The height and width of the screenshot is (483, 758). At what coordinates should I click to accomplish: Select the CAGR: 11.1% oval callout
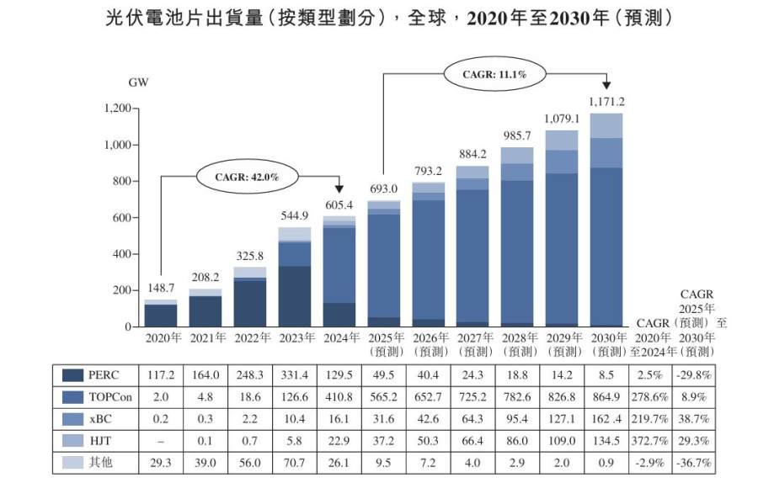click(x=494, y=74)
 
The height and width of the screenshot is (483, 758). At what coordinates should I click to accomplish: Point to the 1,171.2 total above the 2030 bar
click(x=607, y=102)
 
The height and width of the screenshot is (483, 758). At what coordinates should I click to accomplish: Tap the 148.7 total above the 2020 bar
click(x=161, y=288)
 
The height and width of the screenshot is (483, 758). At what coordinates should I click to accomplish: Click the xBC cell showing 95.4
click(x=518, y=419)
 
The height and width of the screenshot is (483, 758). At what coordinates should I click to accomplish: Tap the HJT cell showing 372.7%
click(x=653, y=441)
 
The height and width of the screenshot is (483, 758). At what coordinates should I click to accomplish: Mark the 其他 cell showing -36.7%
click(x=696, y=463)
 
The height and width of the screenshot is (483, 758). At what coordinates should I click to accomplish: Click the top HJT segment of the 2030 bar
click(x=607, y=125)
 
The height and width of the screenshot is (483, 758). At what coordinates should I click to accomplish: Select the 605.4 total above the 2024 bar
click(x=339, y=206)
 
